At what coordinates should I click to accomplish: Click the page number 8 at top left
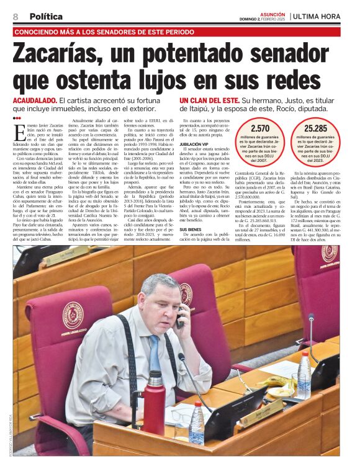(15, 17)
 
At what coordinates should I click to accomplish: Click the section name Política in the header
(46, 17)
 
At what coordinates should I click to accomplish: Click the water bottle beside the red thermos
(197, 422)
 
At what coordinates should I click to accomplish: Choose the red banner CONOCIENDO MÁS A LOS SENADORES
(104, 31)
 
